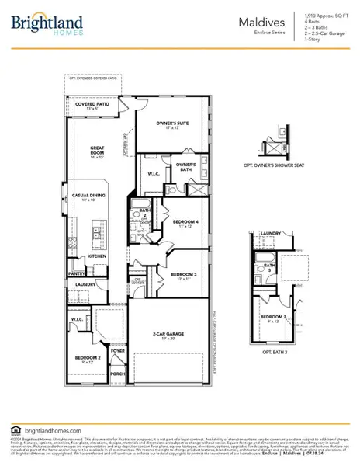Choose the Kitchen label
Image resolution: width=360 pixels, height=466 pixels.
[96, 256]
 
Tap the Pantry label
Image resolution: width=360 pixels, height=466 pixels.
[77, 273]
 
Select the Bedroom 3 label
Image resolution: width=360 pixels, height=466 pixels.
[184, 274]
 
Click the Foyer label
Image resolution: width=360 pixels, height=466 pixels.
[118, 350]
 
